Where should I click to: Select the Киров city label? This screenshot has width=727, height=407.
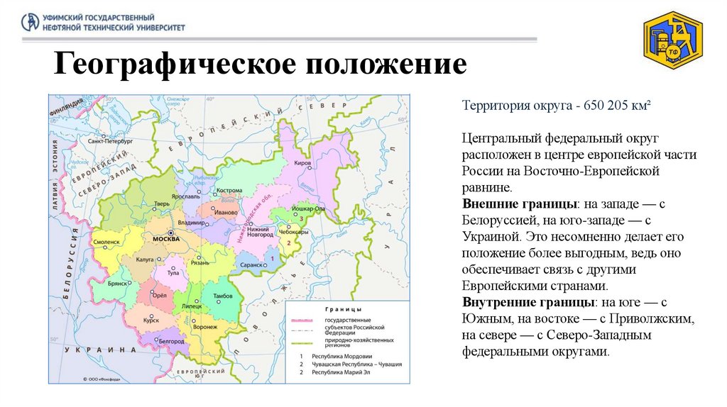[x=303, y=162]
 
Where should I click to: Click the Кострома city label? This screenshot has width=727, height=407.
[x=229, y=191]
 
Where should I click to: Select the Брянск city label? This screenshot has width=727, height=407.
[x=116, y=282]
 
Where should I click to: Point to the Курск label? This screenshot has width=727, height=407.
[x=150, y=320]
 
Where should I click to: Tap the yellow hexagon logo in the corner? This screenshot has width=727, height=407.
[x=672, y=43]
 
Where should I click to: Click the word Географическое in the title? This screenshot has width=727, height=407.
[x=170, y=65]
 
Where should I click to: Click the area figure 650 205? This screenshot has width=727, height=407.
[x=608, y=106]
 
